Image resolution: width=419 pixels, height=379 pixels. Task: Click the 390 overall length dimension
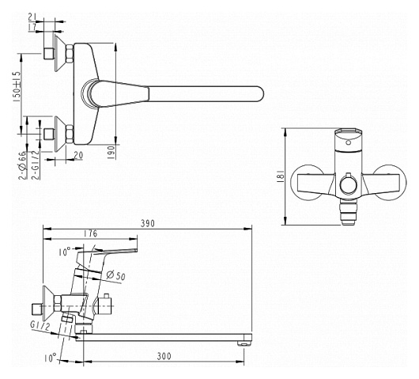pos(148,223)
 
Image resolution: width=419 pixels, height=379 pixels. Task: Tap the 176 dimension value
pos(91,233)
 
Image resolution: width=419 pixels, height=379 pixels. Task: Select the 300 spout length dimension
pos(164,356)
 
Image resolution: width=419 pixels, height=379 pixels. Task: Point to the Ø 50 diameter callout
pos(115,275)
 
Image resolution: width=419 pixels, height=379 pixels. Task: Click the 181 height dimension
pos(281,176)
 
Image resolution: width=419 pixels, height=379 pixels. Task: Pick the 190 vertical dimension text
pos(111,153)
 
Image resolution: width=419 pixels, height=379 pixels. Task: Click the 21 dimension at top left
pos(32,17)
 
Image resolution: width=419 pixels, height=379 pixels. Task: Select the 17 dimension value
pos(32,27)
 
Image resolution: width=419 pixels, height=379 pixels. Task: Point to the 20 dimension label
pos(78,155)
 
